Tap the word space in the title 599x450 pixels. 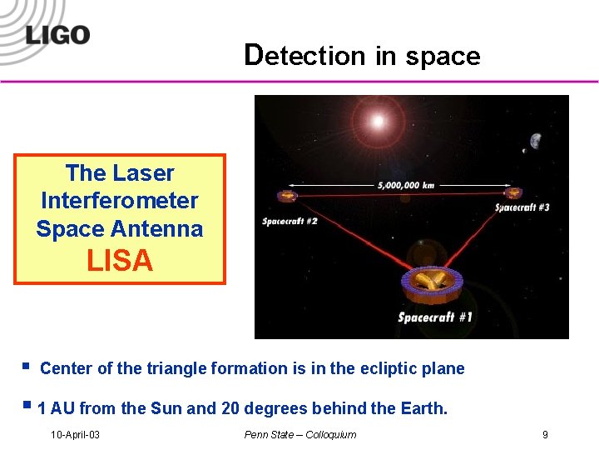443,57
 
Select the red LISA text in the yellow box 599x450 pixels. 120,262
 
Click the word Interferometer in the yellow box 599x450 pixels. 120,201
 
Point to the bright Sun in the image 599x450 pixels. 378,122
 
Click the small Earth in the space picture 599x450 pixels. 534,141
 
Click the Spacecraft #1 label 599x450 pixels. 434,317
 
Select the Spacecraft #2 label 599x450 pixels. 290,221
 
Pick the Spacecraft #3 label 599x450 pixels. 522,207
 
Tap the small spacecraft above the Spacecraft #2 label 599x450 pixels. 287,197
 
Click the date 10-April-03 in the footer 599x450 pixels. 75,434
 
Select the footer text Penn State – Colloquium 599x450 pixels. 299,434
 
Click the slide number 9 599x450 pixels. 545,434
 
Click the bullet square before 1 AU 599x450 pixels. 27,407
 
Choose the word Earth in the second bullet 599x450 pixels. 423,408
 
